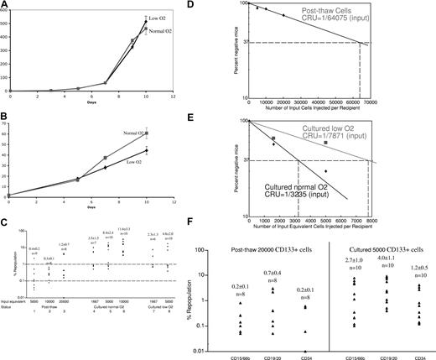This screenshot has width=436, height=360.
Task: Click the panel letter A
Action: tap(5, 6)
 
